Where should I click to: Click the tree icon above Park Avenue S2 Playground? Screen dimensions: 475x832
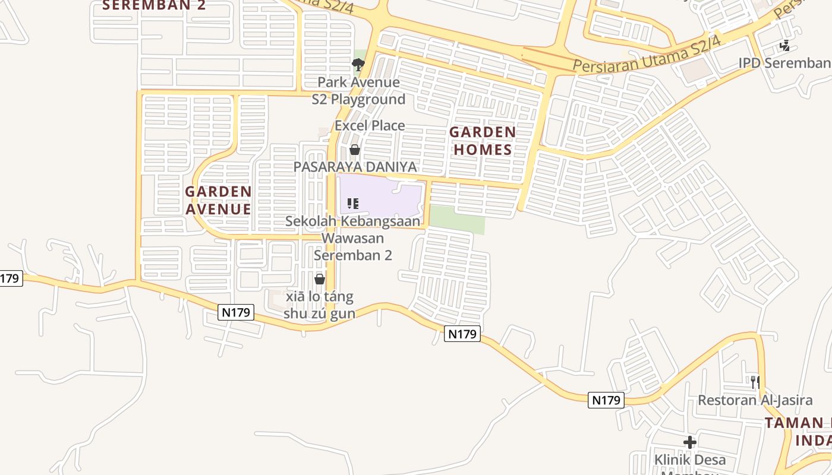pyautogui.click(x=358, y=64)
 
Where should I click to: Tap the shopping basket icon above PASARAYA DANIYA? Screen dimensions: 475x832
pyautogui.click(x=355, y=150)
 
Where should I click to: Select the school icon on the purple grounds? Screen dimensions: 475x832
pyautogui.click(x=353, y=204)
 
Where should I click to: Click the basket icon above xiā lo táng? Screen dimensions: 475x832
pyautogui.click(x=320, y=279)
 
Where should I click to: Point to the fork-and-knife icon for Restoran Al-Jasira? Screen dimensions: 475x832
pyautogui.click(x=755, y=382)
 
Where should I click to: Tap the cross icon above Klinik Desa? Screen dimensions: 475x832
pyautogui.click(x=690, y=442)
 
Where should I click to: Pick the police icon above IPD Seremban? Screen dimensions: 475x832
pyautogui.click(x=785, y=45)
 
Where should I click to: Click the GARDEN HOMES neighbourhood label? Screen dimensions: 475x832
pyautogui.click(x=482, y=141)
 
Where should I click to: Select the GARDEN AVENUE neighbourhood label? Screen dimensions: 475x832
pyautogui.click(x=218, y=200)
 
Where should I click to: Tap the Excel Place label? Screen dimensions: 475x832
pyautogui.click(x=370, y=126)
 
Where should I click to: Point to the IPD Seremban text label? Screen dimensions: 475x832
pyautogui.click(x=784, y=63)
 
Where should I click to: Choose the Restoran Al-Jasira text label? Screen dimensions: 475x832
pyautogui.click(x=755, y=400)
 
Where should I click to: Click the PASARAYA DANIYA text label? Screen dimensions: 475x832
pyautogui.click(x=355, y=167)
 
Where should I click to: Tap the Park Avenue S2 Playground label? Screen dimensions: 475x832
pyautogui.click(x=358, y=91)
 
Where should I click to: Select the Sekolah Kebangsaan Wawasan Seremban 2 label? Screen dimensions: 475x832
pyautogui.click(x=353, y=238)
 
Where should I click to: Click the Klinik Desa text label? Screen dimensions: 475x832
pyautogui.click(x=690, y=460)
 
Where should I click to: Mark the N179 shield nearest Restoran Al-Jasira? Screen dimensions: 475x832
pyautogui.click(x=607, y=400)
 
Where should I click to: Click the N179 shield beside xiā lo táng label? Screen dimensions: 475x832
pyautogui.click(x=236, y=312)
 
